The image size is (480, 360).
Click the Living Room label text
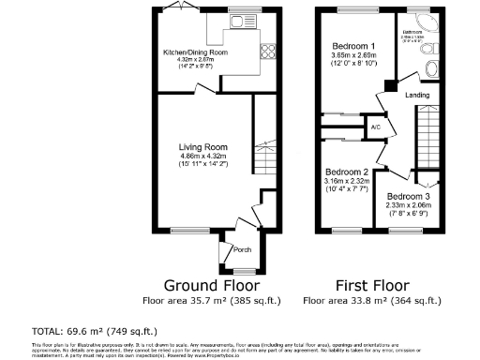pyautogui.click(x=204, y=146)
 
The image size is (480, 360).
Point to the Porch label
pyautogui.click(x=241, y=249)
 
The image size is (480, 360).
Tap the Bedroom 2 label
pyautogui.click(x=346, y=172)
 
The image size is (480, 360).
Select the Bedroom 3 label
pyautogui.click(x=409, y=197)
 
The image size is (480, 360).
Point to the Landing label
pyautogui.click(x=417, y=95)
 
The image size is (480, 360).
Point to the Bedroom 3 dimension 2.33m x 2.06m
pyautogui.click(x=409, y=206)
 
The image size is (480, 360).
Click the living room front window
pyautogui.click(x=186, y=232)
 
